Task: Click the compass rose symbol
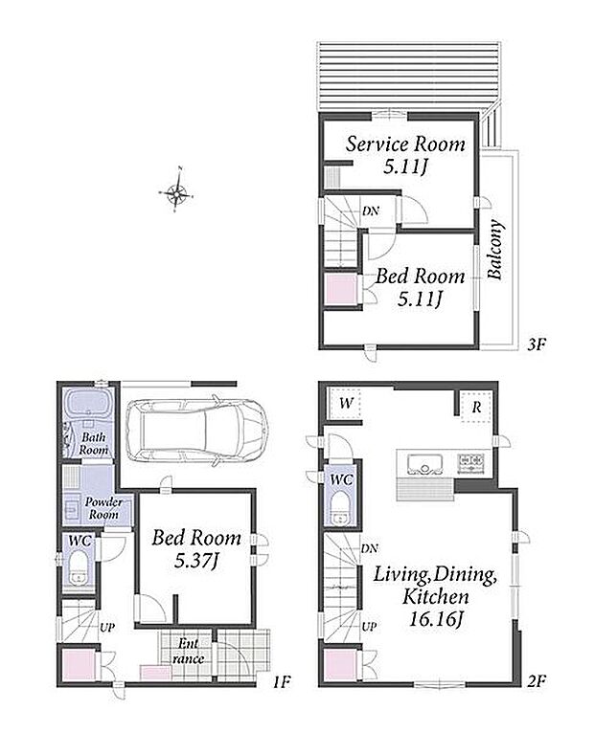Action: click(176, 190)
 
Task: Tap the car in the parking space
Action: click(197, 432)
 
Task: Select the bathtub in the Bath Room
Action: click(88, 403)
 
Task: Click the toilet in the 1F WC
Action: click(79, 568)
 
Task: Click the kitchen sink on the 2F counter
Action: click(424, 464)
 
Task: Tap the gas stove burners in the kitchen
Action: click(470, 463)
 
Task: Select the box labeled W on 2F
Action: click(345, 404)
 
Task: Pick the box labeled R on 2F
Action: click(476, 407)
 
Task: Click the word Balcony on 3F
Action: click(495, 250)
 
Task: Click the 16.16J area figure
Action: click(436, 619)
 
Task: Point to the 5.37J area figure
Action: click(196, 560)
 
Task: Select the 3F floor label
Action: click(537, 345)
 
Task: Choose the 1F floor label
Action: click(282, 682)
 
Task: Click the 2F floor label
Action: click(537, 681)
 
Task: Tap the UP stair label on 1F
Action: click(107, 628)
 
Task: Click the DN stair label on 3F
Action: click(371, 211)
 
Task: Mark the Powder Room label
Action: click(103, 508)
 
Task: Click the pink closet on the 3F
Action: click(341, 289)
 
